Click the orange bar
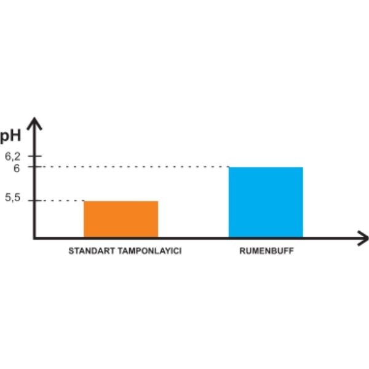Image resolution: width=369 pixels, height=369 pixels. click(x=121, y=219)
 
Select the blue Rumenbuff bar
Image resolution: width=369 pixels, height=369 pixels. click(x=266, y=202)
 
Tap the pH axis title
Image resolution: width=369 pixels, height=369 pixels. click(x=10, y=137)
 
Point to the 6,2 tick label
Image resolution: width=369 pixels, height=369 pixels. click(x=13, y=156)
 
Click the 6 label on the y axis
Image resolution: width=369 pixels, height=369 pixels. click(x=17, y=169)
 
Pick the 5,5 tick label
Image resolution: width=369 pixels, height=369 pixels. click(x=13, y=197)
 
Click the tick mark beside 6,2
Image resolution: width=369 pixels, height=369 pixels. click(x=34, y=156)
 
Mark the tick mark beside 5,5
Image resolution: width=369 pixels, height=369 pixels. click(x=34, y=200)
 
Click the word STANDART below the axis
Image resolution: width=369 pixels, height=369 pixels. click(x=92, y=251)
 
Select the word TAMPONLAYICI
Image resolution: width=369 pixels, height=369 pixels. click(x=149, y=251)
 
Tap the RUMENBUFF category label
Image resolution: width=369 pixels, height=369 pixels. click(x=267, y=251)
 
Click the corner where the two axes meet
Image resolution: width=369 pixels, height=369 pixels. click(x=34, y=238)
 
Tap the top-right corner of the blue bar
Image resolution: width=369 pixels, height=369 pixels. click(x=303, y=167)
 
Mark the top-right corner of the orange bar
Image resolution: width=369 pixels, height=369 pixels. click(x=158, y=201)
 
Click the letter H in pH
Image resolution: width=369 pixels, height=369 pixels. click(x=15, y=135)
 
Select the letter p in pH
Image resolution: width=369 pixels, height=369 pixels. click(x=4, y=138)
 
